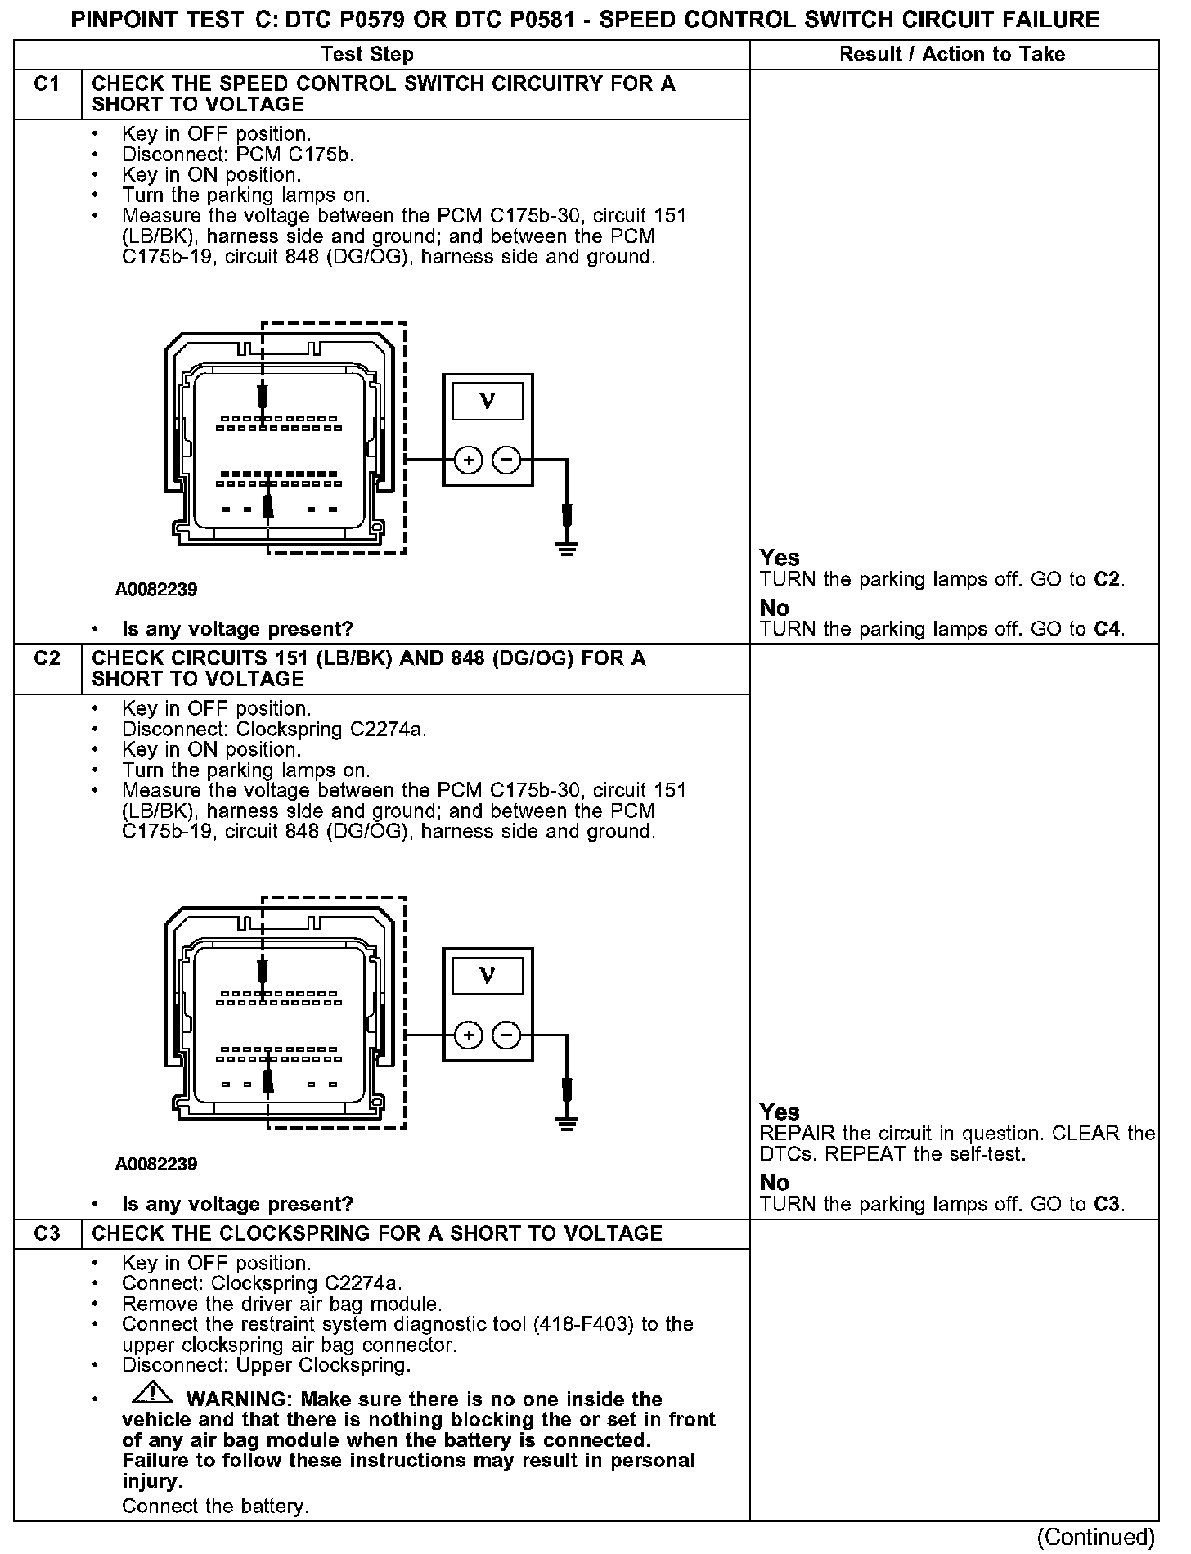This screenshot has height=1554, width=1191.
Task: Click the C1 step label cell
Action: (47, 84)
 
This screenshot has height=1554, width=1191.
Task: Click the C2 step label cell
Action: (47, 659)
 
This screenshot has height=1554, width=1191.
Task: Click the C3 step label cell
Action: (47, 1233)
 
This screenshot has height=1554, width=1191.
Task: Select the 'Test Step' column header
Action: (367, 55)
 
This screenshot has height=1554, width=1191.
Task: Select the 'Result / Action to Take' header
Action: (952, 55)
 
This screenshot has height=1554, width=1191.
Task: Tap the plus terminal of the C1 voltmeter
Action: (469, 460)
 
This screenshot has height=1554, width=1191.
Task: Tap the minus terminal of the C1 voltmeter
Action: (507, 460)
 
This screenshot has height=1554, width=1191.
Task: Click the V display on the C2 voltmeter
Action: (488, 975)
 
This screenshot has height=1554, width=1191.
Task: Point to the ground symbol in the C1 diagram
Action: (567, 547)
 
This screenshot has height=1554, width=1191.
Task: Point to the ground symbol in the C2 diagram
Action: (567, 1122)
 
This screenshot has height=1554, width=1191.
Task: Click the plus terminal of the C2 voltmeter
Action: (469, 1035)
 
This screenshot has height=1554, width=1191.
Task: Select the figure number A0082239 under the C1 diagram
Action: (156, 590)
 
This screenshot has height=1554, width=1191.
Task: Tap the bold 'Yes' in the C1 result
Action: (779, 558)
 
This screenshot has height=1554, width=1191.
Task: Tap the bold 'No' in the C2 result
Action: (774, 1182)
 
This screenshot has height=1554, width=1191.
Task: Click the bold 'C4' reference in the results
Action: (1107, 629)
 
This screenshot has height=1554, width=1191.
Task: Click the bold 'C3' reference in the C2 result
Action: (1107, 1204)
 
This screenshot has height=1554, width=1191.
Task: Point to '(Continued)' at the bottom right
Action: (1095, 1537)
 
